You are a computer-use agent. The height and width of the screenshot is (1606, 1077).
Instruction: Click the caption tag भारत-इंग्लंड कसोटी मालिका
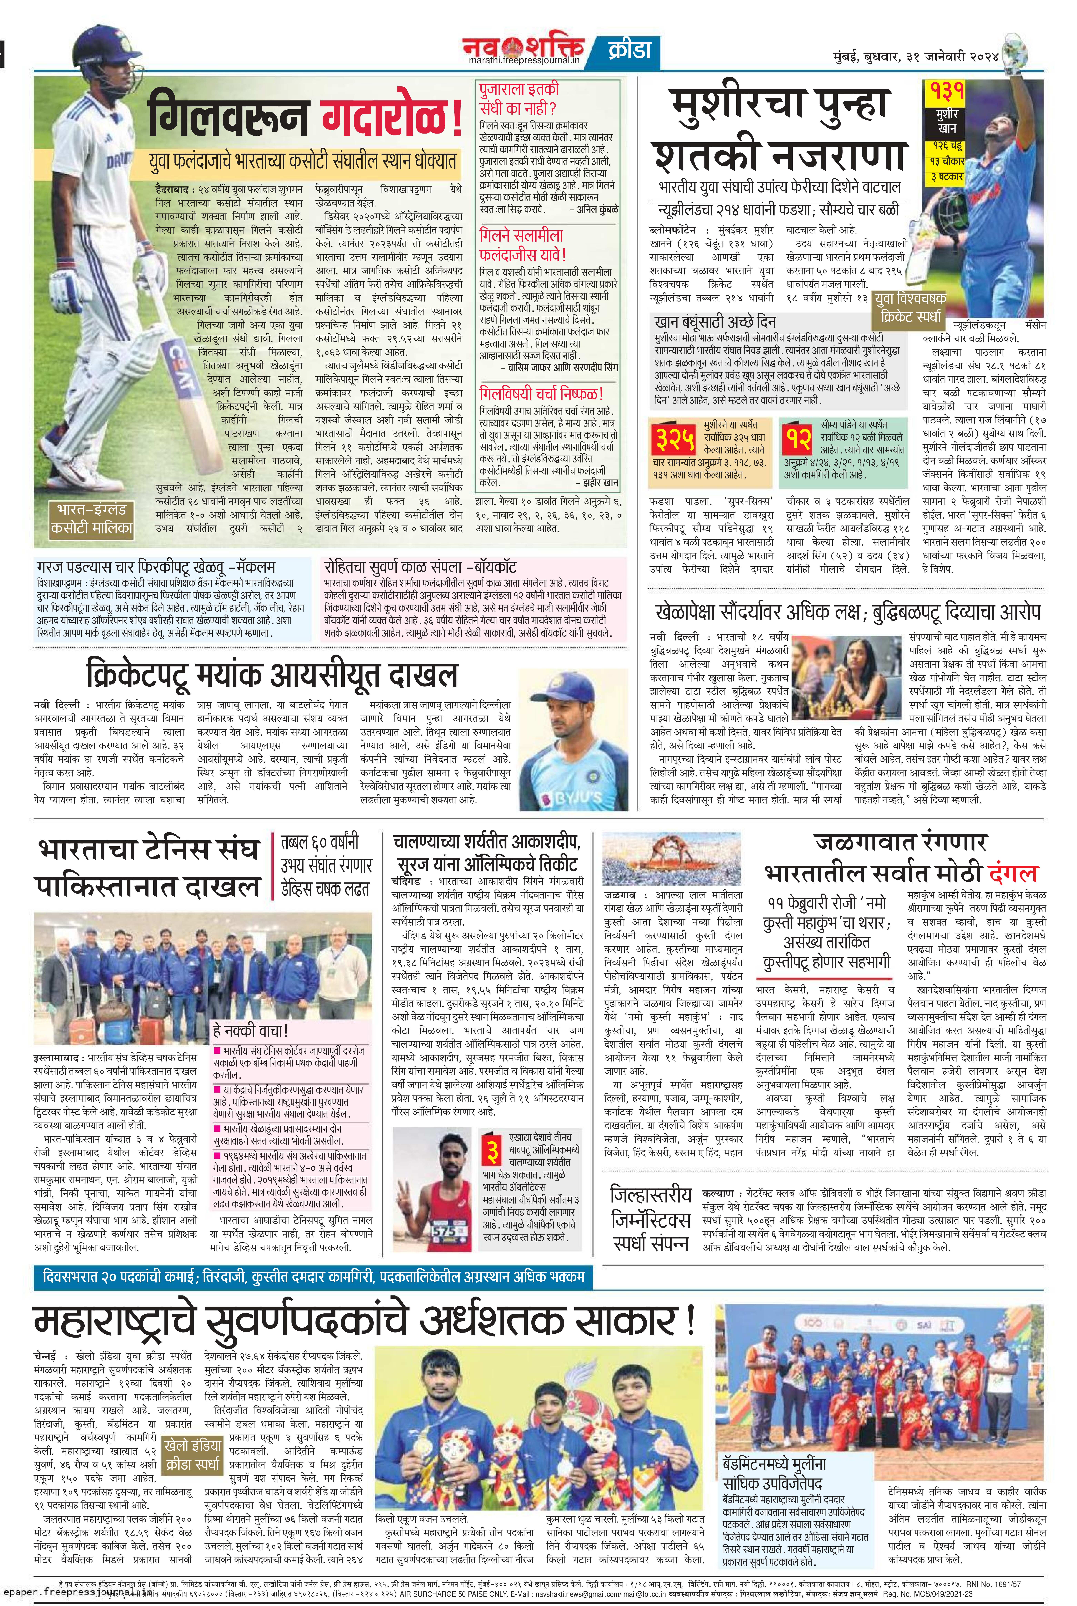point(91,520)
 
